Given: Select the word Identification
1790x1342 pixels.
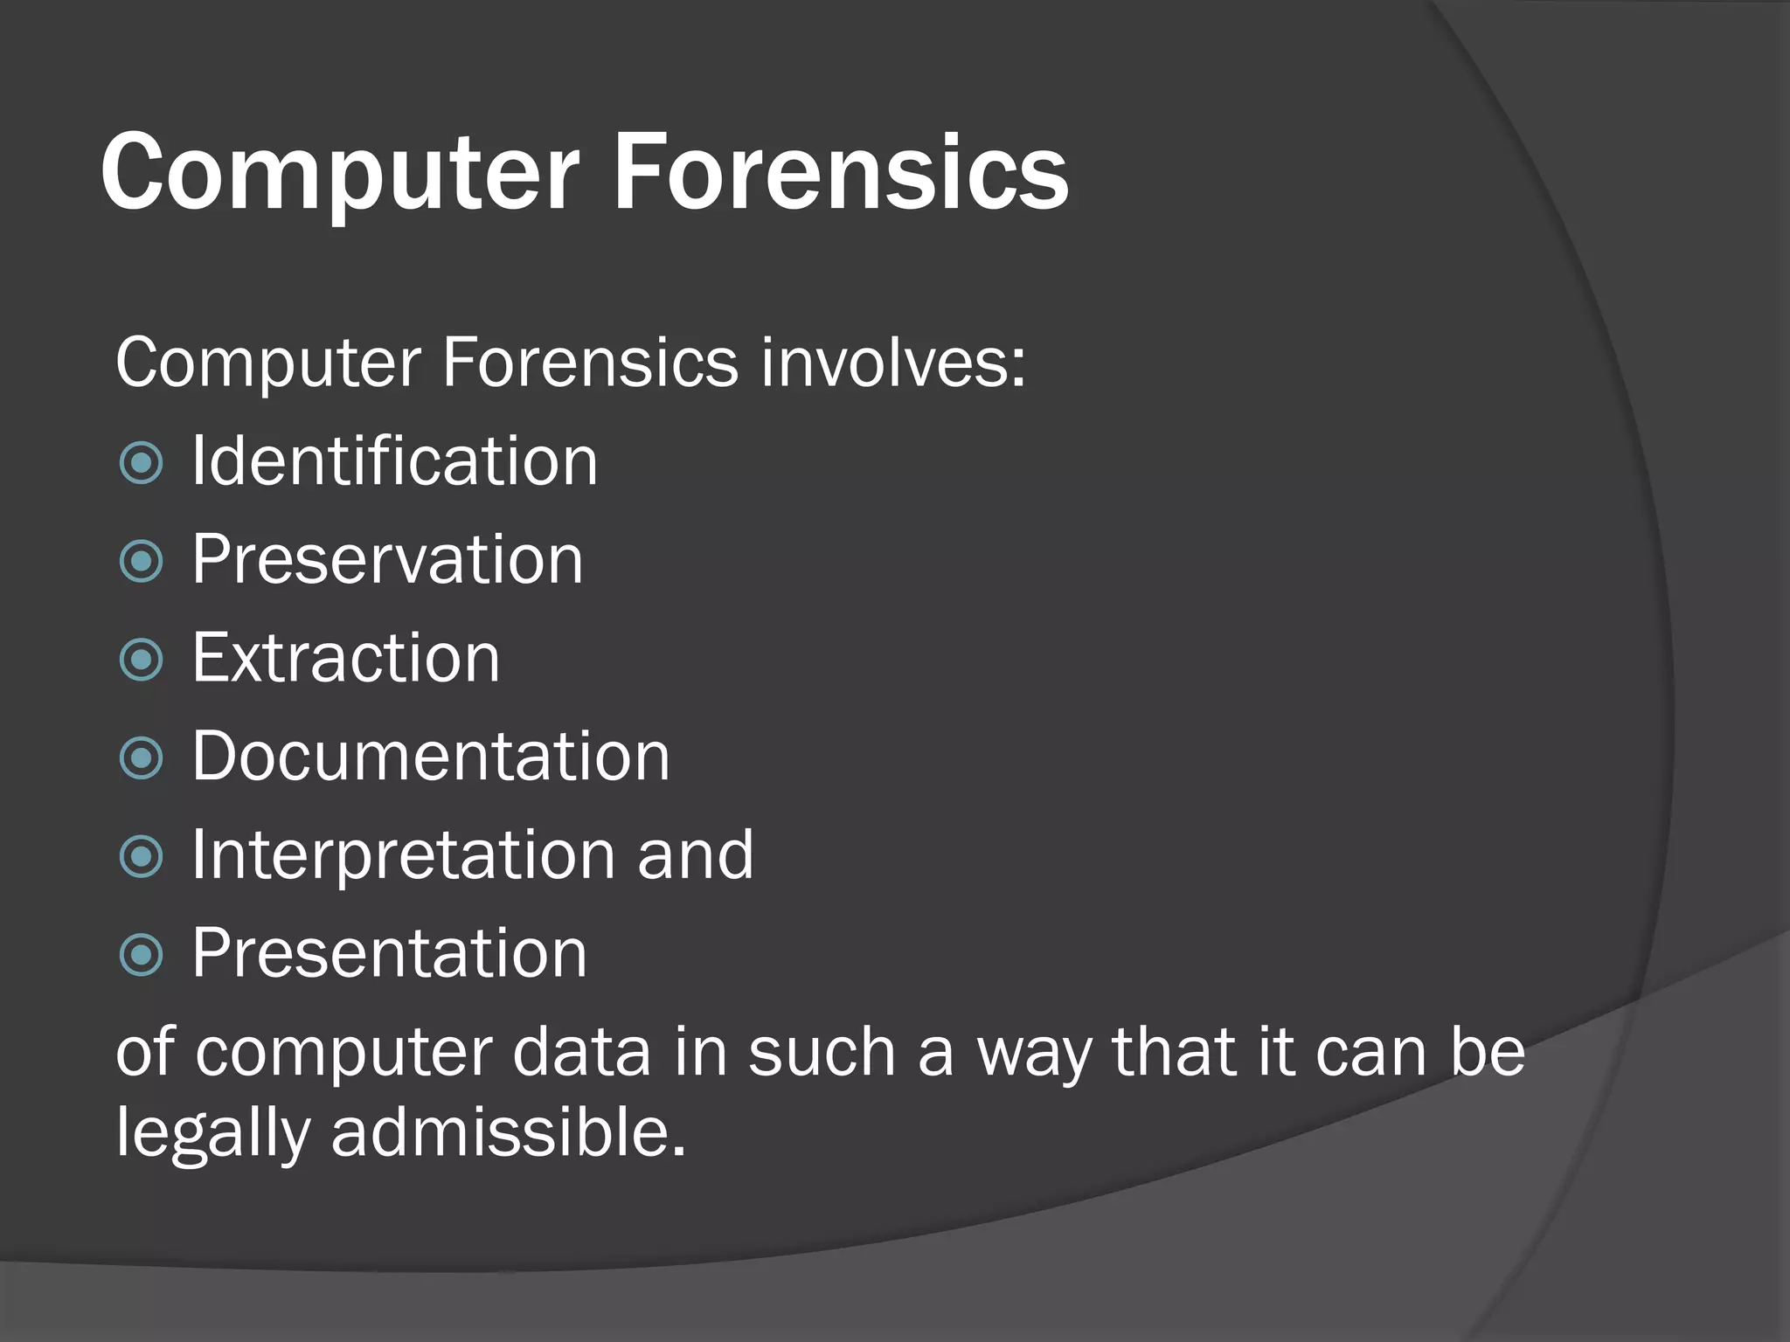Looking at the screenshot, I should click(394, 461).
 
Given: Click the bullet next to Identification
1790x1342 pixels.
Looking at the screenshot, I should click(141, 463).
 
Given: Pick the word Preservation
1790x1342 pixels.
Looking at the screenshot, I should click(387, 559).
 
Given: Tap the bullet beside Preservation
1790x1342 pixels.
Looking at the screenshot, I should click(141, 561).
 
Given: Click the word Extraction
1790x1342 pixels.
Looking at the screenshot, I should click(346, 658).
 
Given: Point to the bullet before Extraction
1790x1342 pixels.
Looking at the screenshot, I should click(141, 660).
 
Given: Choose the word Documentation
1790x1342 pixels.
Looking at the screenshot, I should click(431, 756).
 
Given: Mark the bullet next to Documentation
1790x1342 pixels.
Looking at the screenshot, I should click(141, 757).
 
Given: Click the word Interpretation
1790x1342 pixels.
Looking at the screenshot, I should click(403, 854).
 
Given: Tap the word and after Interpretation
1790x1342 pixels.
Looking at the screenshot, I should click(695, 854).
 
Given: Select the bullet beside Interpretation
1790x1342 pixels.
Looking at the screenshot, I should click(141, 856).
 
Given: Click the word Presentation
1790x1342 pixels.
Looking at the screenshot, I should click(390, 952).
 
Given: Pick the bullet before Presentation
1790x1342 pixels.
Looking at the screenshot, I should click(141, 954).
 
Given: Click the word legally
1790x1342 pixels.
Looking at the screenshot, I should click(213, 1134).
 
